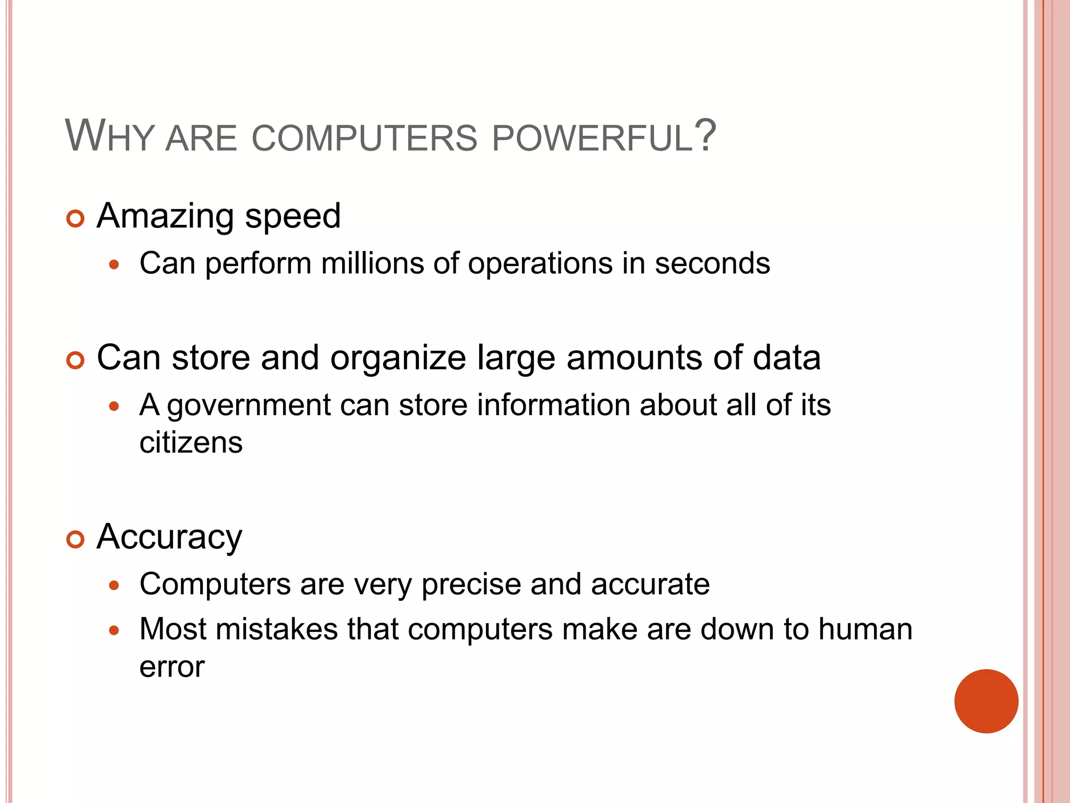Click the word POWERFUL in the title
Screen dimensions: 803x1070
click(x=592, y=139)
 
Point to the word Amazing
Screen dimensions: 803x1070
click(x=165, y=216)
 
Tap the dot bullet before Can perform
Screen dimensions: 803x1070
click(x=114, y=265)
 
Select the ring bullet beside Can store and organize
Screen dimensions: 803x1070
click(x=76, y=361)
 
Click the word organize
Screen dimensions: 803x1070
click(x=398, y=359)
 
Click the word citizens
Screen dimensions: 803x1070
click(x=191, y=443)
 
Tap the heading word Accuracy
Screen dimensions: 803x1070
click(x=169, y=537)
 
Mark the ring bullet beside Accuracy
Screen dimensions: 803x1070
click(x=76, y=540)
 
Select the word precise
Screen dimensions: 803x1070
click(x=471, y=584)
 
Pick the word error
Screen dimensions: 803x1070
click(x=172, y=668)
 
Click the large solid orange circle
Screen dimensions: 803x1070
click(x=986, y=701)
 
